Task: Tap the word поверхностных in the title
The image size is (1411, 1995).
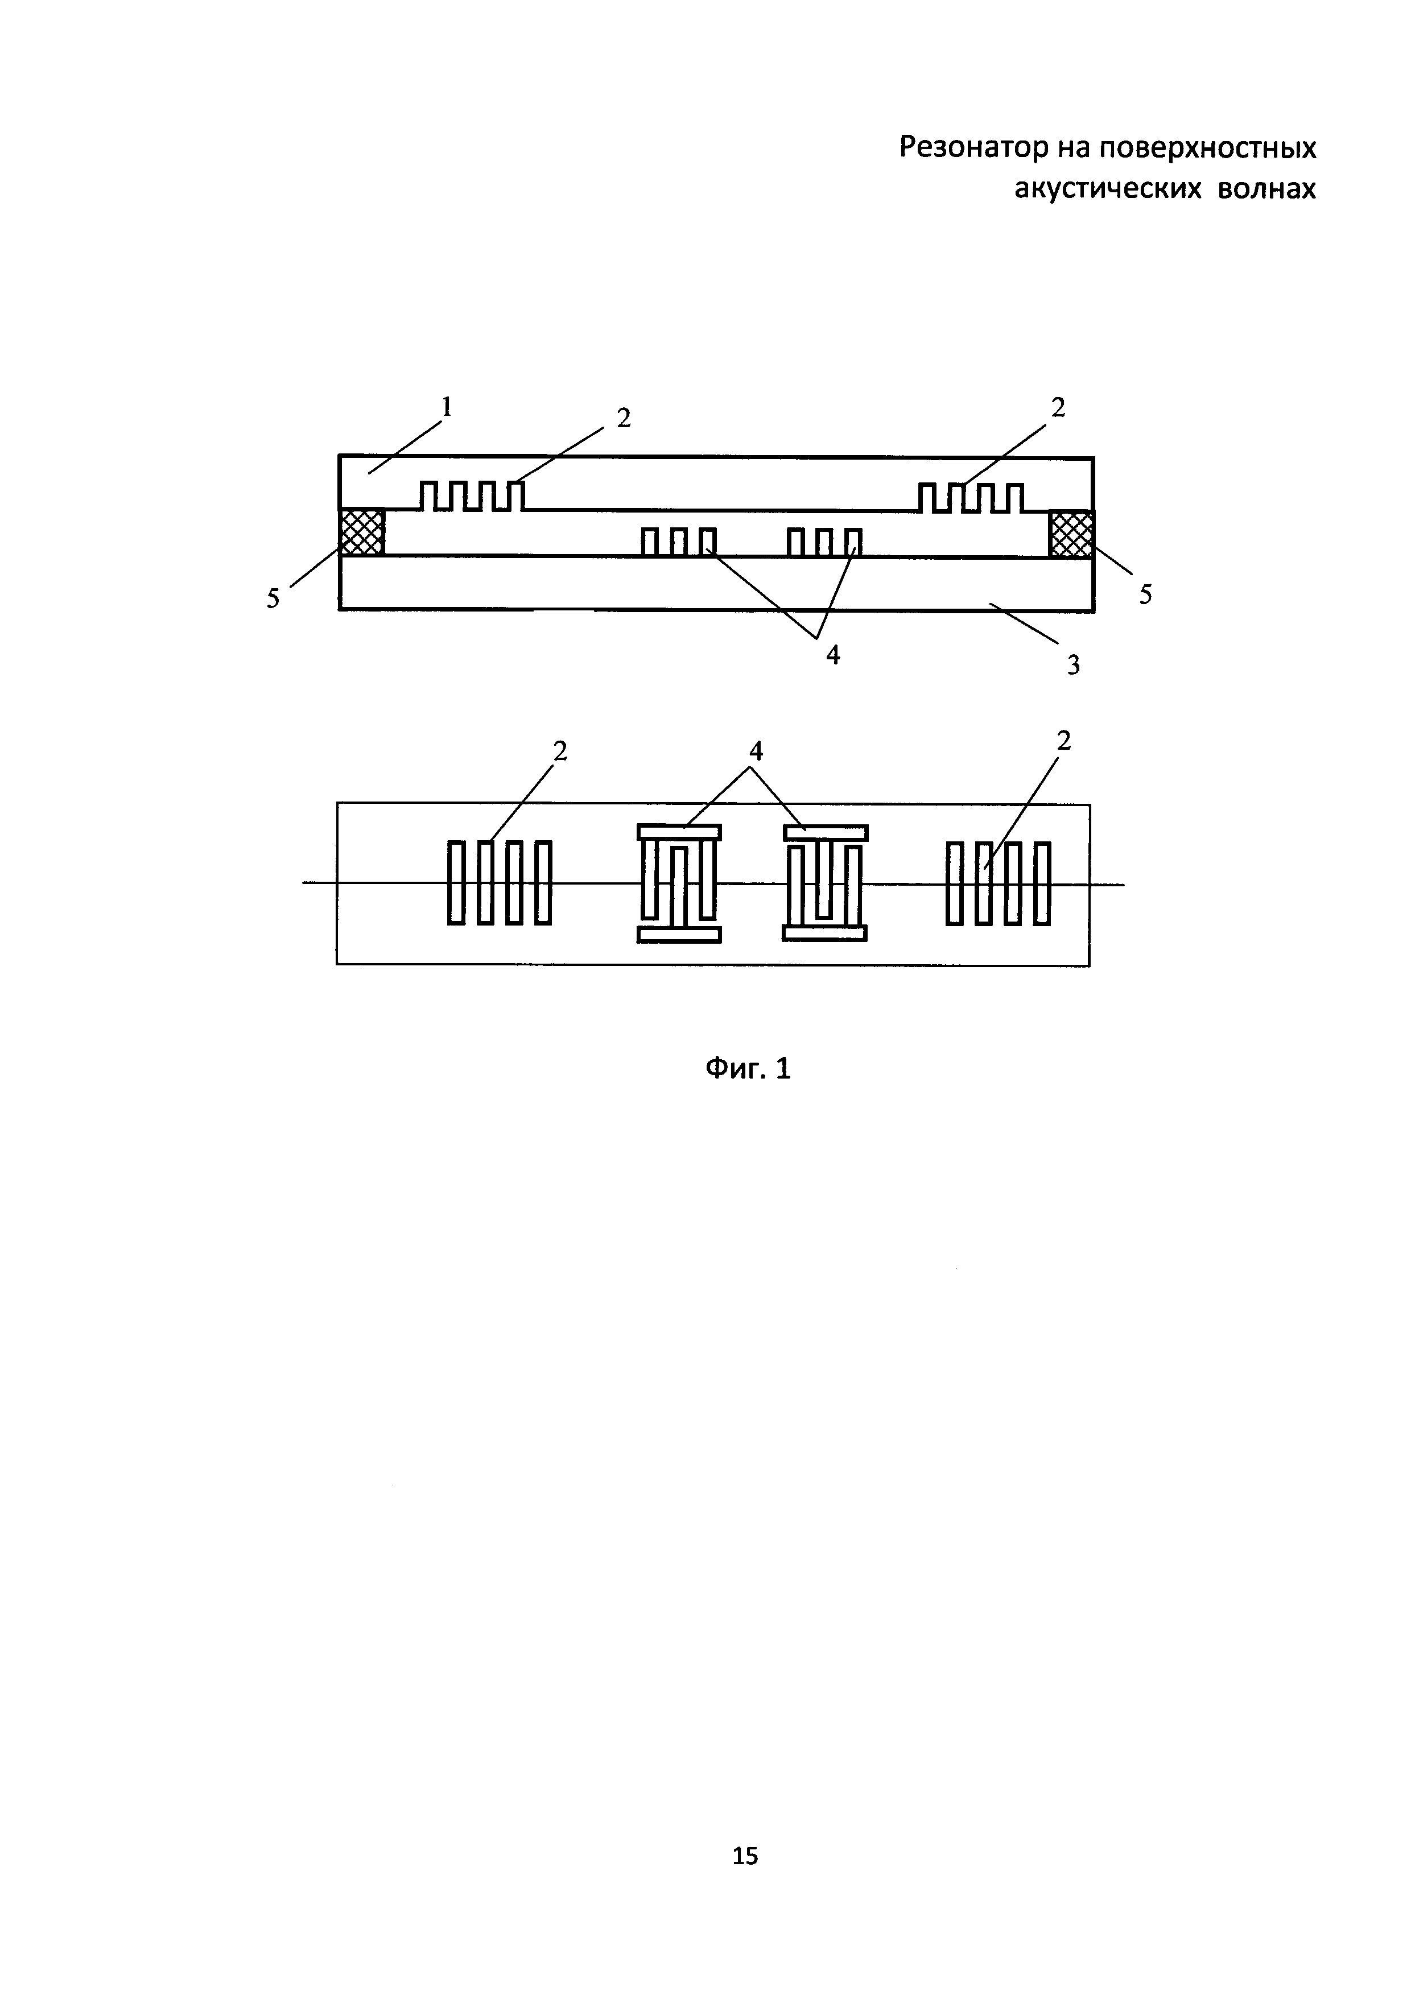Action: (x=1208, y=148)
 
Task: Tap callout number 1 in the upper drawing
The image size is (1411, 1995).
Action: (x=447, y=406)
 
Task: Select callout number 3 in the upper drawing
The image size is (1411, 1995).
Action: (x=1074, y=666)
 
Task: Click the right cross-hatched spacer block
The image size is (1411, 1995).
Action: (x=1071, y=534)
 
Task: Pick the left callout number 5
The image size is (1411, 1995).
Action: (x=273, y=598)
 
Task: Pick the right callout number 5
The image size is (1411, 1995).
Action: (x=1146, y=595)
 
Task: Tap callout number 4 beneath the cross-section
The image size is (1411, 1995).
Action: (x=833, y=655)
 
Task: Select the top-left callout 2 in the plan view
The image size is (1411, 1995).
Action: (x=560, y=751)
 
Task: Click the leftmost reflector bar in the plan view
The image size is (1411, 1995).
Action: (x=455, y=882)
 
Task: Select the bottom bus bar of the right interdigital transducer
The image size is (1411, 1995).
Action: (x=824, y=933)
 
